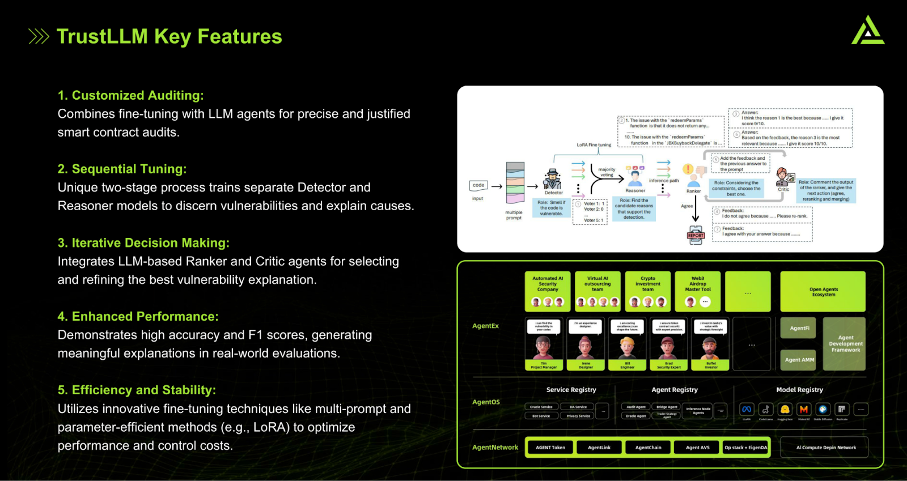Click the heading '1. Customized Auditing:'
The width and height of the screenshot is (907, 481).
130,95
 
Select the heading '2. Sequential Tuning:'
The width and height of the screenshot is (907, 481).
122,169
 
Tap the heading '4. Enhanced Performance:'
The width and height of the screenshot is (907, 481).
138,316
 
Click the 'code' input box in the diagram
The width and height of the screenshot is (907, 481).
478,185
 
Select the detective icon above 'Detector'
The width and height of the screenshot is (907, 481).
553,179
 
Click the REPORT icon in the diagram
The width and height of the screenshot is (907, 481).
696,235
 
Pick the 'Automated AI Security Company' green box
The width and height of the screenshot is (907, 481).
548,291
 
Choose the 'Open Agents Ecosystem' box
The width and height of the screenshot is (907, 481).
823,291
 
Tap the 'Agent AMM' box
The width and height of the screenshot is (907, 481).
799,360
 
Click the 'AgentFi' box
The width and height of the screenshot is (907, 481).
799,328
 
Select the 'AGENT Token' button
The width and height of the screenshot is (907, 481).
550,448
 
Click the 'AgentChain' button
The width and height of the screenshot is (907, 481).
648,448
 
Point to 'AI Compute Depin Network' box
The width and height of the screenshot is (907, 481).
825,448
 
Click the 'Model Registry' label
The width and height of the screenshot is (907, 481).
799,390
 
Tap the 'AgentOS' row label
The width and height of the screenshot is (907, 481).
486,402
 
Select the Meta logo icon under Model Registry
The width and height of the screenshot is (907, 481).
747,409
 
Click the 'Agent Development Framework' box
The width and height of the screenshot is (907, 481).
845,344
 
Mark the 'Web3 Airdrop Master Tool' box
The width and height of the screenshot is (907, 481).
698,291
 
